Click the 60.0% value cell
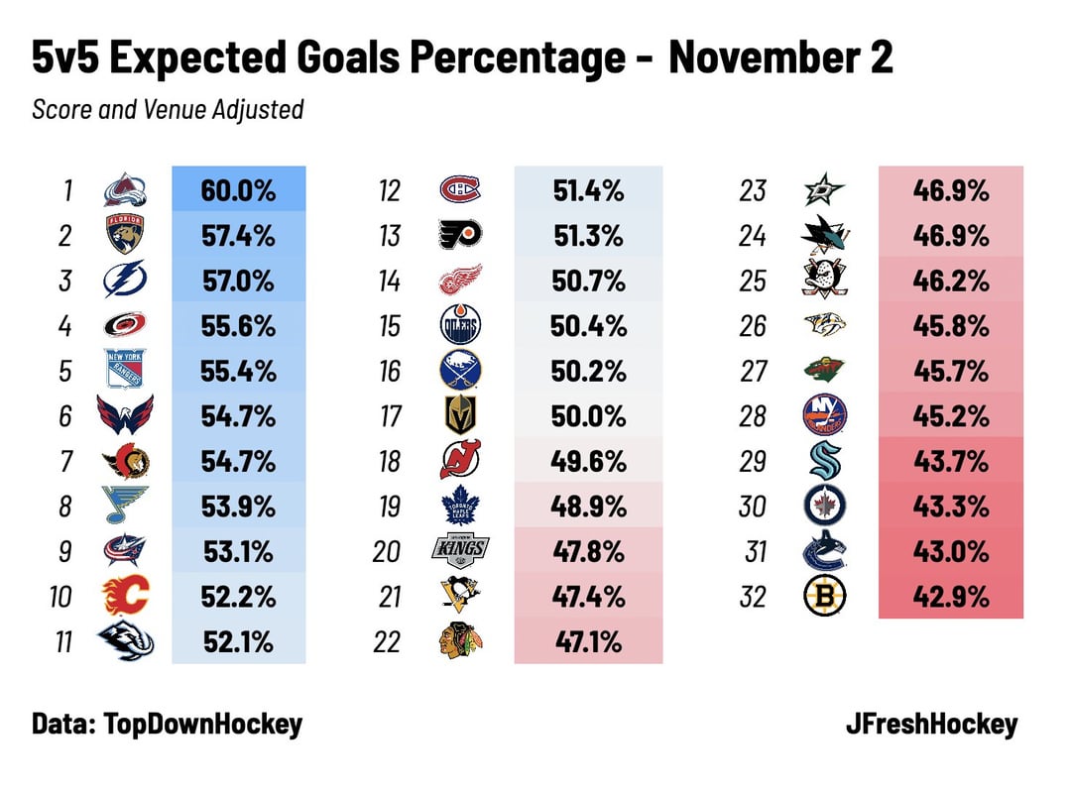[238, 190]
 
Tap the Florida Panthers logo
[126, 235]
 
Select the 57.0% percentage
[238, 281]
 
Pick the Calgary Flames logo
[126, 597]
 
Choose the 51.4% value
[588, 190]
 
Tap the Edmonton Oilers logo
[461, 325]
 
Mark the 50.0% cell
[588, 415]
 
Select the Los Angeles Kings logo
[461, 551]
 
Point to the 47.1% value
[588, 642]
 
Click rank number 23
[753, 190]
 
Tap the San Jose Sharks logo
[825, 235]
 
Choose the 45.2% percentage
[950, 415]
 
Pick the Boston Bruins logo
[825, 597]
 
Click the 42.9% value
[950, 597]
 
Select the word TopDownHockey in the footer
[203, 724]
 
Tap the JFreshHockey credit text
[931, 724]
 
